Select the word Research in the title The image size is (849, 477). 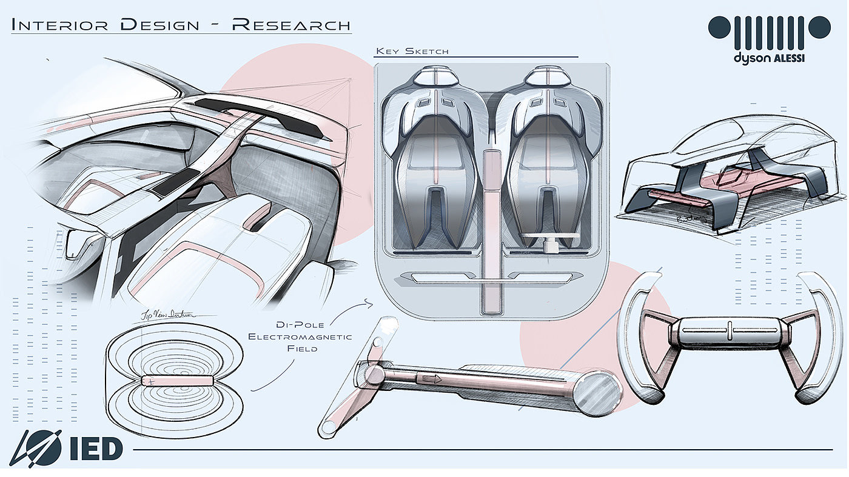[x=291, y=25]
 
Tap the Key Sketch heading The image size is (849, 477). [x=412, y=51]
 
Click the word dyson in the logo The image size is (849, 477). [x=751, y=58]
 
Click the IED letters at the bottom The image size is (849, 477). [x=96, y=449]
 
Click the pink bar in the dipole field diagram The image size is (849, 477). [x=177, y=381]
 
